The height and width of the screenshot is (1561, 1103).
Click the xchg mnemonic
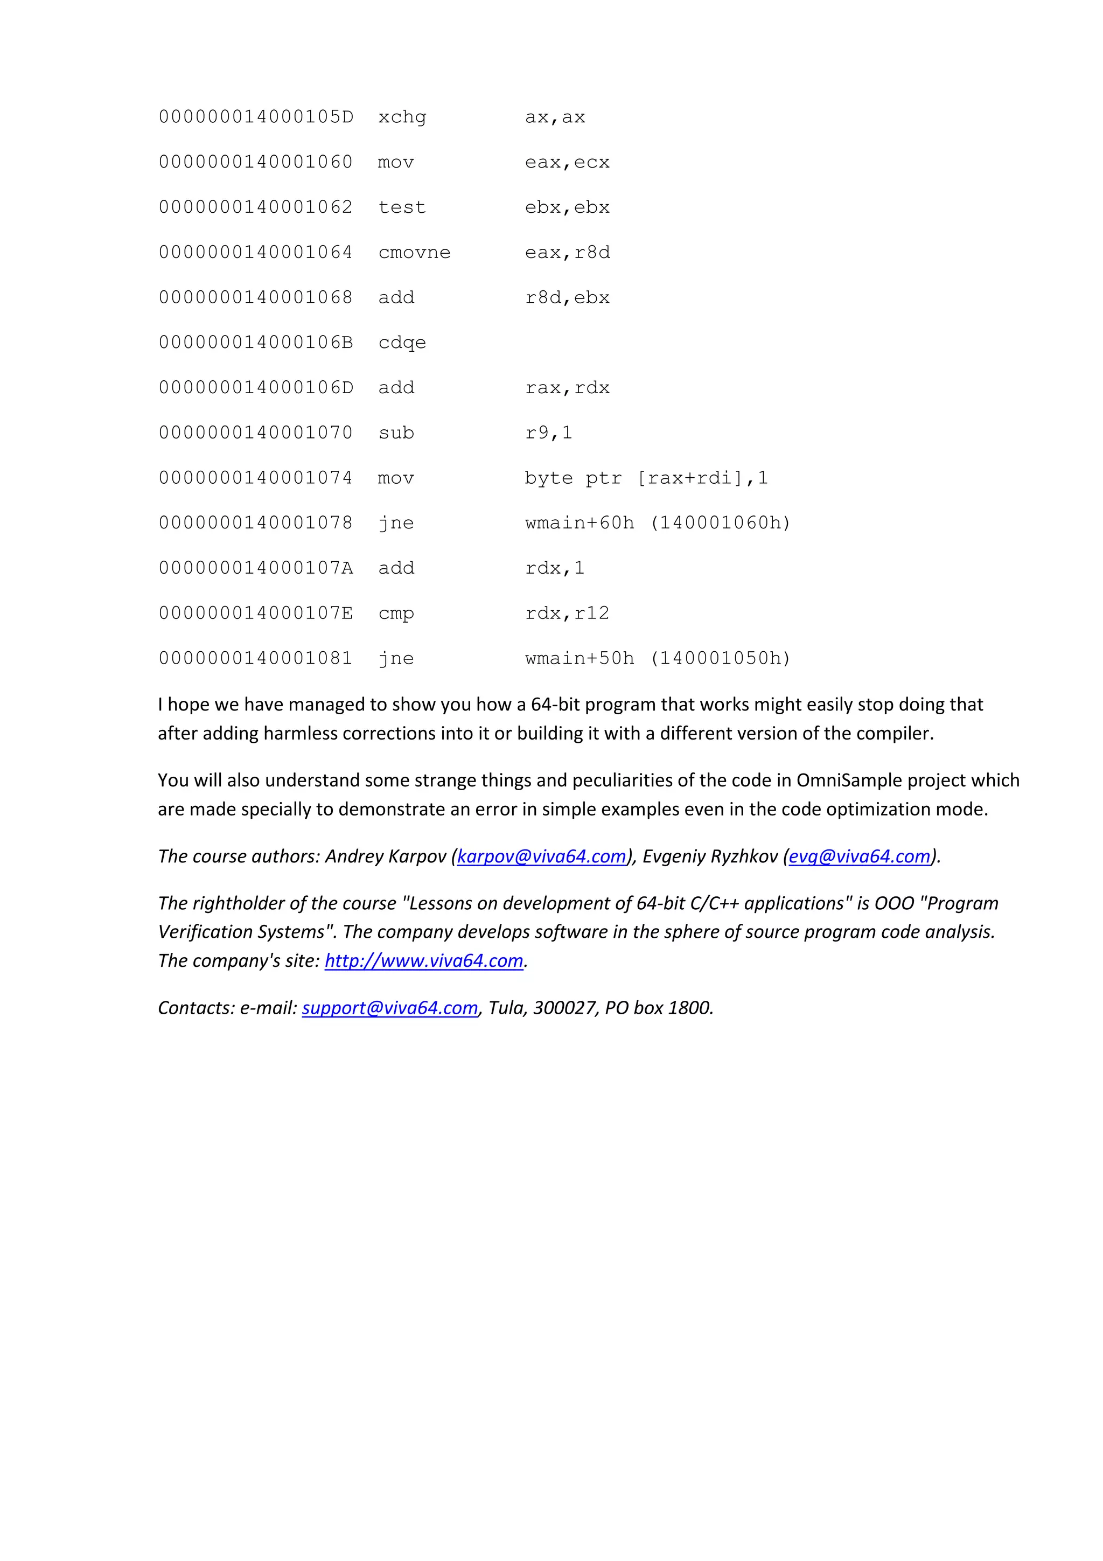402,117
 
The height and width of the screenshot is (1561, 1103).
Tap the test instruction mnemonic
402,207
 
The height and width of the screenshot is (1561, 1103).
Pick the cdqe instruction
402,343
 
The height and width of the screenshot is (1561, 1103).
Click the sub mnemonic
396,433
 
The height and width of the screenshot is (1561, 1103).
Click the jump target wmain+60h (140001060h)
657,523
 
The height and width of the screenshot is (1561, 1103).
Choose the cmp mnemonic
396,613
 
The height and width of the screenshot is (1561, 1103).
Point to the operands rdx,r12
568,613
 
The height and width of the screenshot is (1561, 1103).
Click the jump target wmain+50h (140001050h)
657,658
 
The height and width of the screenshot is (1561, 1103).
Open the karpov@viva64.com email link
541,856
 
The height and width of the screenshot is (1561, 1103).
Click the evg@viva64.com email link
859,856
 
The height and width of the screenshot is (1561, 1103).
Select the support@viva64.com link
390,1008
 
